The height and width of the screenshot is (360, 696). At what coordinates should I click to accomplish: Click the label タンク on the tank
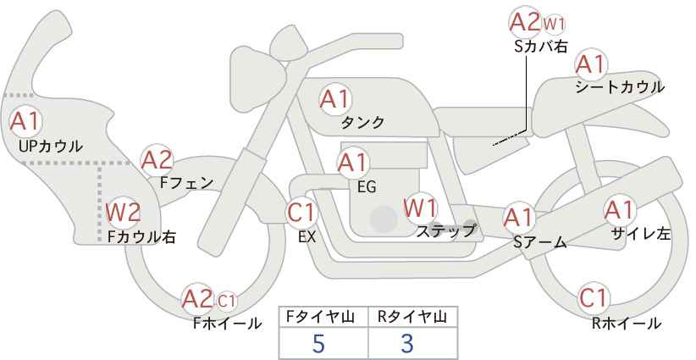coord(362,123)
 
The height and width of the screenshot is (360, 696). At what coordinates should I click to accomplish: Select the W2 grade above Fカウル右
coord(122,212)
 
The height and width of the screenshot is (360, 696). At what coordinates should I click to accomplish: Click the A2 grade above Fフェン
coord(157,159)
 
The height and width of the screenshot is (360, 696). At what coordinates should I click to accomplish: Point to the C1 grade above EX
coord(301,212)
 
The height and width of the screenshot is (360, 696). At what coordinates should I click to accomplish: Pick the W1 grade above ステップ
coord(420,206)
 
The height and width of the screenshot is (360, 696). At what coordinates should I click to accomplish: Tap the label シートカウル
coord(619,87)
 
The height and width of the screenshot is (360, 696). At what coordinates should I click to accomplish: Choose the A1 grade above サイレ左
coord(618,209)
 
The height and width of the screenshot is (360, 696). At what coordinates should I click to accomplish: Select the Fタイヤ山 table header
coord(323,317)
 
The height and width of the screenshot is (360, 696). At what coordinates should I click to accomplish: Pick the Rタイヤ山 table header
coord(412,317)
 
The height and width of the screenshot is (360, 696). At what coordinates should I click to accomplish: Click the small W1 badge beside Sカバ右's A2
coord(554,22)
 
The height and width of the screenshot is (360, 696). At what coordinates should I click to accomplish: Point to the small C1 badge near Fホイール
coord(227,299)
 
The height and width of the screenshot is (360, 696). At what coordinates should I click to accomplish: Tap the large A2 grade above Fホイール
coord(197,298)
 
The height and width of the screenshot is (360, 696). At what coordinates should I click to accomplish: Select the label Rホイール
coord(627,323)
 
